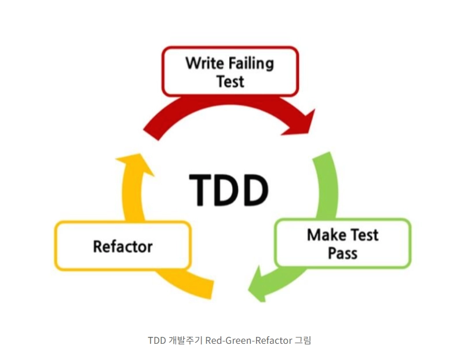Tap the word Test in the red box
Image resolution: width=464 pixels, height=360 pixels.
(x=230, y=81)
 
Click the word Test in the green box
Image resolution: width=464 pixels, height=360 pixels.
(x=363, y=235)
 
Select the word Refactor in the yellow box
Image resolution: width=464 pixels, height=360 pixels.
(x=122, y=246)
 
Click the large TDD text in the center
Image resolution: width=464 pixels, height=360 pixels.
(x=229, y=189)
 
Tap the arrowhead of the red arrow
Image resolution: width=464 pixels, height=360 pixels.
(x=304, y=123)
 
